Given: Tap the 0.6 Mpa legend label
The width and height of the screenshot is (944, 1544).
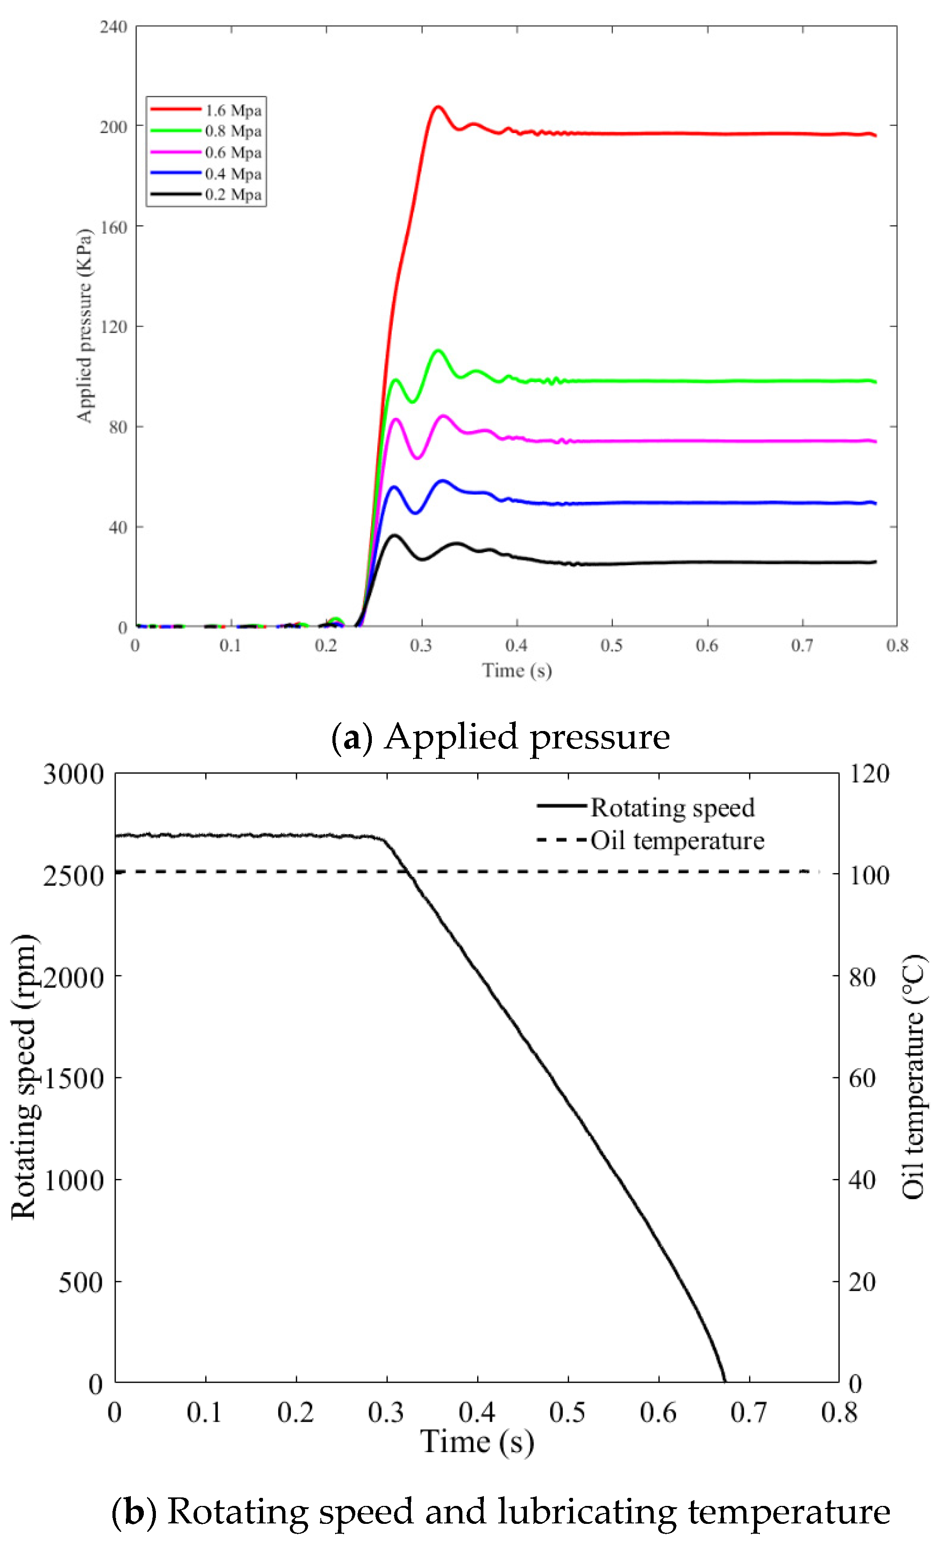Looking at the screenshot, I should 233,153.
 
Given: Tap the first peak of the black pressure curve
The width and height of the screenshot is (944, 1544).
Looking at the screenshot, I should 394,535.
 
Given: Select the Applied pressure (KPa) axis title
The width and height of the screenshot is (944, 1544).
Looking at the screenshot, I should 85,326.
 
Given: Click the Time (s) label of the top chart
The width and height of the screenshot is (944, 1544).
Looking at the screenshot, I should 517,671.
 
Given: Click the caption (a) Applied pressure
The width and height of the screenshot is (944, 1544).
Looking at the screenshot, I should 500,737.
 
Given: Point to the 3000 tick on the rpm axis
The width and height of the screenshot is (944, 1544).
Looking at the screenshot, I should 73,774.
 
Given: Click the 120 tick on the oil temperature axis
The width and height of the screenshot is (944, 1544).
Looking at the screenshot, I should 869,774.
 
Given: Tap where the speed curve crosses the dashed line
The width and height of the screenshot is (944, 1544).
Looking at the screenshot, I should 407,871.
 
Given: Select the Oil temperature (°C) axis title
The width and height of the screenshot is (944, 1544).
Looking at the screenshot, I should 913,1077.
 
